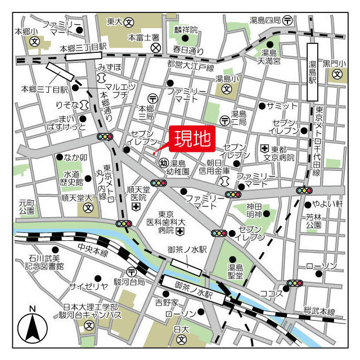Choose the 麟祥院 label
186,29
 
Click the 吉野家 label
151,302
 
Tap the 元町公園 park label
26,206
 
